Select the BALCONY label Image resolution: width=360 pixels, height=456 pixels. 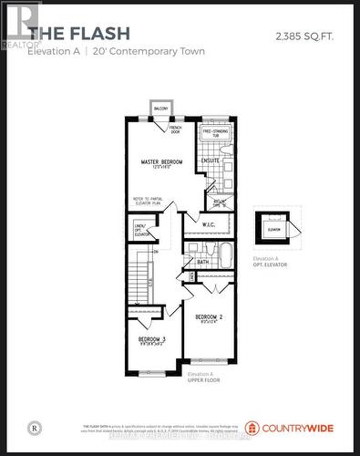(161, 109)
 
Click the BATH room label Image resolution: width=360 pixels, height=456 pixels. (202, 263)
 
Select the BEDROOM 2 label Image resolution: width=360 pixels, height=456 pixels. (210, 318)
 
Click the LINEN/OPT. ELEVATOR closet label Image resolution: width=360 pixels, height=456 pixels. (140, 228)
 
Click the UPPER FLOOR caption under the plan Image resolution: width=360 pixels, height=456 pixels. (201, 379)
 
